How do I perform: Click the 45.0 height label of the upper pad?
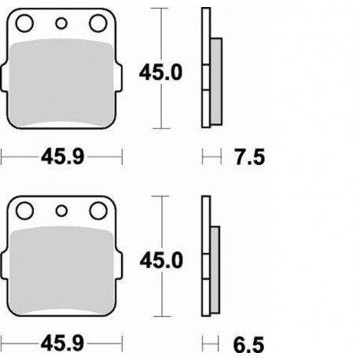162,73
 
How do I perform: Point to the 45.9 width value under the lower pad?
62,343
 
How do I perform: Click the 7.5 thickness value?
249,159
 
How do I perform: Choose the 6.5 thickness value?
249,343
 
